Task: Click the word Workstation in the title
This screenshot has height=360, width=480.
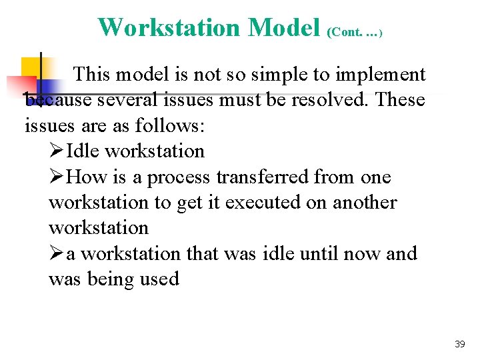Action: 168,27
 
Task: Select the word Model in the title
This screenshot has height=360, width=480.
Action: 284,27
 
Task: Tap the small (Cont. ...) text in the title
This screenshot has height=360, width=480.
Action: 354,31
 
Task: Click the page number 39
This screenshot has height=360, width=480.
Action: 459,344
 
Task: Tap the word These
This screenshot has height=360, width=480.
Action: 400,100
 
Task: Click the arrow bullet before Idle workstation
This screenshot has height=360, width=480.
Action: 57,151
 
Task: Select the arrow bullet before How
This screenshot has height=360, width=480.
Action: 57,177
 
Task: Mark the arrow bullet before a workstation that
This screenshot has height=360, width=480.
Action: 57,254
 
